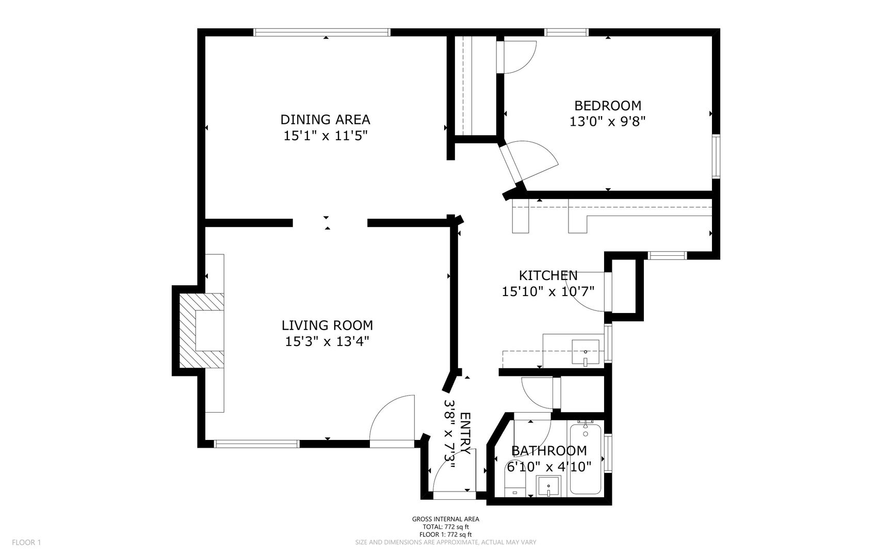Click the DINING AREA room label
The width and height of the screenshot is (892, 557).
click(325, 120)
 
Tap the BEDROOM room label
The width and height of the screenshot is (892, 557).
click(608, 106)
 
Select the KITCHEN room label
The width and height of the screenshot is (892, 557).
click(548, 275)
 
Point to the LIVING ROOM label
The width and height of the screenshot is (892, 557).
click(327, 325)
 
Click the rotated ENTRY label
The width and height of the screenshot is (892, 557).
click(464, 433)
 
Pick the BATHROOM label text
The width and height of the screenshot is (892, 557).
click(549, 451)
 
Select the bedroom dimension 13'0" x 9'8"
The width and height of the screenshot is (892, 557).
click(608, 122)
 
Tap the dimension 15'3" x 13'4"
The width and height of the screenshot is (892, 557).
click(327, 341)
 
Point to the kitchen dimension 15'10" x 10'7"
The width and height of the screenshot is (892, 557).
click(548, 292)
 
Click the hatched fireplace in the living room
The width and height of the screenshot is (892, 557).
click(201, 331)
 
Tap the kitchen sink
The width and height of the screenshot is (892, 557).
click(586, 352)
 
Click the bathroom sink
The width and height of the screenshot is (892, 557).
click(548, 486)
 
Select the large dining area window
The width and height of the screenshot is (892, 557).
click(322, 32)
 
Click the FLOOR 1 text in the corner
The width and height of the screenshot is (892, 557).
click(26, 542)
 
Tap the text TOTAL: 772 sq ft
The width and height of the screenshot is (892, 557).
click(446, 527)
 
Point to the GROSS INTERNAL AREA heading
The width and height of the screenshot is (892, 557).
click(446, 519)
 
